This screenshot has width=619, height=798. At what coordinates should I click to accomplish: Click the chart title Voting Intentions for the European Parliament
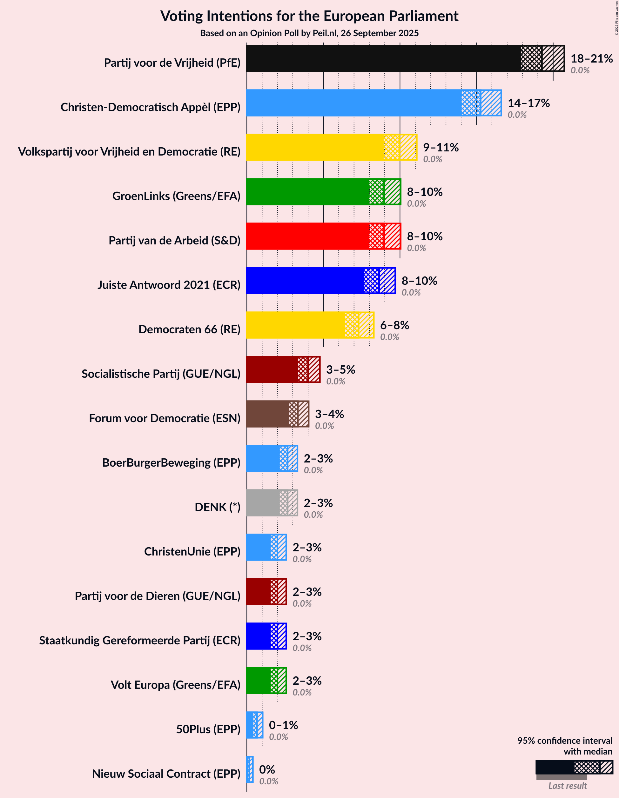coord(309,17)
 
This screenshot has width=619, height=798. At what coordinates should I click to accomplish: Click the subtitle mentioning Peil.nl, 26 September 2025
coord(309,33)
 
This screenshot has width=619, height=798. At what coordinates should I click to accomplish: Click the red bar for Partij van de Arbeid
coord(307,236)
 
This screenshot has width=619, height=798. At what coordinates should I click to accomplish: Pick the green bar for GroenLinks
coord(307,192)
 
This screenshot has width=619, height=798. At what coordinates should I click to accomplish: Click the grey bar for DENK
coord(263,503)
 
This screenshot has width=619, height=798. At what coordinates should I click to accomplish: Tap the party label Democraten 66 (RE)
coord(189,329)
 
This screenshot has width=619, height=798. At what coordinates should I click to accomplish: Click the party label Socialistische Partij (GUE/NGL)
coord(161,374)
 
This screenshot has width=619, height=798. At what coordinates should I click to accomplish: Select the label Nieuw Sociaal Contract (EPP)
coord(166,774)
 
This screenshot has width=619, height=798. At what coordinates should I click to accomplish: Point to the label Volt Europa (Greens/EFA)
coord(176,685)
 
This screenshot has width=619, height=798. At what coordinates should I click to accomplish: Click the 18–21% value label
coord(592,58)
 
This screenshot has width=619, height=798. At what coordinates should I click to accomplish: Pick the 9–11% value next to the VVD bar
coord(441,148)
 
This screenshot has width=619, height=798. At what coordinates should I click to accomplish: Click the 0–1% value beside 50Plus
coord(283,725)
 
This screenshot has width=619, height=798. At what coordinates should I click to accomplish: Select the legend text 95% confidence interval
coord(564,741)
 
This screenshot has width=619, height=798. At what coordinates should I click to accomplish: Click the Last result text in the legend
coord(568,786)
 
